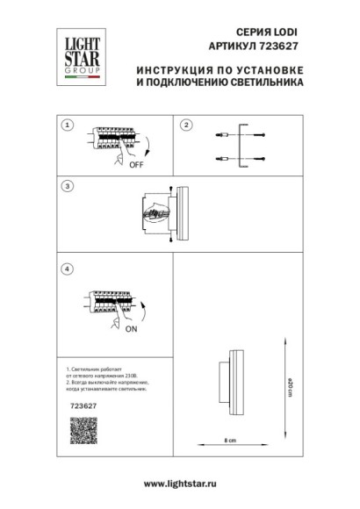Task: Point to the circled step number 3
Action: [68, 186]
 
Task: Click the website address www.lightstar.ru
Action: [179, 484]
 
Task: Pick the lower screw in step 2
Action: [263, 158]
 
